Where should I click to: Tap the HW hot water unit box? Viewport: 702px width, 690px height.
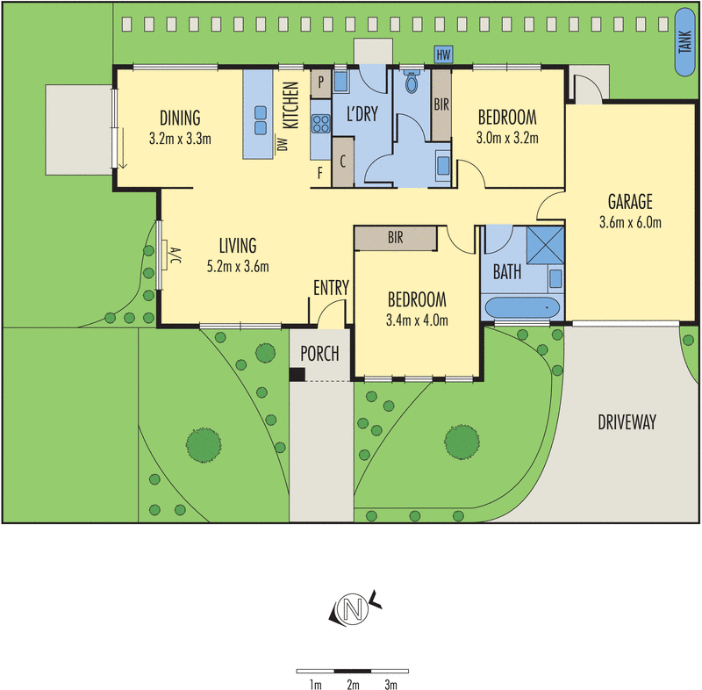click(443, 55)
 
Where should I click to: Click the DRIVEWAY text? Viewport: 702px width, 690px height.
click(627, 422)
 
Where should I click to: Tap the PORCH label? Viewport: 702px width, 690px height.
click(319, 353)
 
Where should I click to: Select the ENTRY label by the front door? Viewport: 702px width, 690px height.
click(332, 287)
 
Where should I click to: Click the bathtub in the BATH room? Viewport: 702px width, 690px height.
click(521, 308)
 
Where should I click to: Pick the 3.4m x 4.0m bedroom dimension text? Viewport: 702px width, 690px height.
click(418, 320)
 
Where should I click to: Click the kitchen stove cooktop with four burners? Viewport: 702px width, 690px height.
click(320, 124)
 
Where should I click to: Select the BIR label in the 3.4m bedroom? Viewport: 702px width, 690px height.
click(395, 237)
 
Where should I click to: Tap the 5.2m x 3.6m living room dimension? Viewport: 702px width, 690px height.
click(238, 267)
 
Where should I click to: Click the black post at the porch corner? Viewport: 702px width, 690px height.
click(297, 375)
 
